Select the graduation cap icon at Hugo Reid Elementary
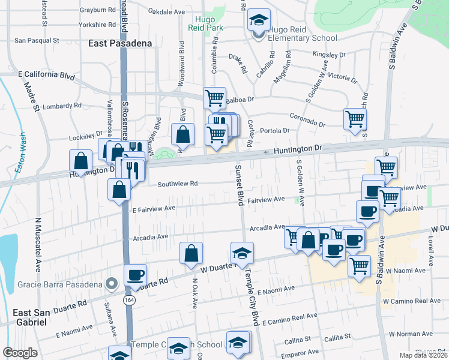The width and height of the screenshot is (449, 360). [x=258, y=21]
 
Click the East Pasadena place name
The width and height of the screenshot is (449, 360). [x=119, y=43]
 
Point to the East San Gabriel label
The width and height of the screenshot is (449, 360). [x=31, y=317]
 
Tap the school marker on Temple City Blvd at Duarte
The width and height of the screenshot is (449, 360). [x=242, y=253]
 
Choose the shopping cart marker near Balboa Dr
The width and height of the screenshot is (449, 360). [x=214, y=97]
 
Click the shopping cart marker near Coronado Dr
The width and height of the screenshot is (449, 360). [x=355, y=118]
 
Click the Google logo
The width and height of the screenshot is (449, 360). [x=20, y=352]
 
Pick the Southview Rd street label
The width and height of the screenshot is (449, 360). [x=178, y=185]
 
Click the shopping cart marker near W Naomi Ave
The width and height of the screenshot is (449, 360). [x=359, y=265]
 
